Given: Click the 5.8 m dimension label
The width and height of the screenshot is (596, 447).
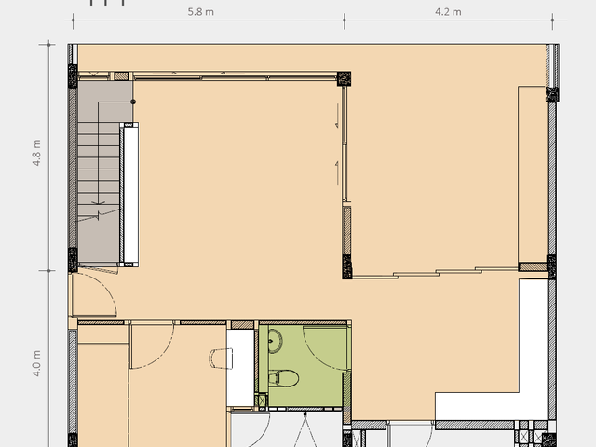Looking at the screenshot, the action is [x=201, y=12].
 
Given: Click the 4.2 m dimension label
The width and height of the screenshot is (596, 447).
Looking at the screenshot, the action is [x=448, y=12].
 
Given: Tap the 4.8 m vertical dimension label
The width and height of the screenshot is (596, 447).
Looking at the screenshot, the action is [x=36, y=153].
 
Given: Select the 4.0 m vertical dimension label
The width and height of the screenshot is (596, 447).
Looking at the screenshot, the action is [x=36, y=363].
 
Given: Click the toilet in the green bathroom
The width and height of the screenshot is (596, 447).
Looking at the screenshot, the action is [x=283, y=378].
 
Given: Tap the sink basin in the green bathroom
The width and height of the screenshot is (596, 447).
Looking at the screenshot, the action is [x=275, y=341].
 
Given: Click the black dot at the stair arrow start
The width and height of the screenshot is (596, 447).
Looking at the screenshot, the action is [x=133, y=102].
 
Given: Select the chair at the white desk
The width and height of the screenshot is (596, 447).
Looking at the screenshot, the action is [x=221, y=359].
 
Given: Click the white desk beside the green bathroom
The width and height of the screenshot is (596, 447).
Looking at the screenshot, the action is [x=240, y=368].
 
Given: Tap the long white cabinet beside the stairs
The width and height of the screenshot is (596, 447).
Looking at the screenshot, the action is [x=130, y=195].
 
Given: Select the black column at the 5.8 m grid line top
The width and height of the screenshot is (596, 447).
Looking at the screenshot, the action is [x=344, y=78].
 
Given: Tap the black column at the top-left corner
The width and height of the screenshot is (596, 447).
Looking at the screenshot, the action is [x=73, y=76].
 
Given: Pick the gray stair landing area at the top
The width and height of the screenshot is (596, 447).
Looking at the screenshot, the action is [x=105, y=102].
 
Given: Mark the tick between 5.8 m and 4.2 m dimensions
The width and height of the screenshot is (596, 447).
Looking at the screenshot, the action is [x=345, y=20].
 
